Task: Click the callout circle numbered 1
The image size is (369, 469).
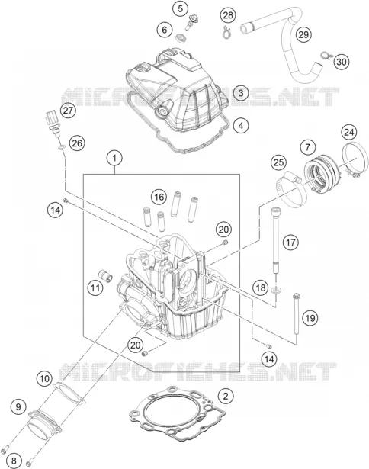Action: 114,158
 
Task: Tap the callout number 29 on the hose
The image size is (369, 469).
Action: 303,34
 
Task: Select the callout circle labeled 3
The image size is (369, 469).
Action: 241,93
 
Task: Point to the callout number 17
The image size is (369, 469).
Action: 290,242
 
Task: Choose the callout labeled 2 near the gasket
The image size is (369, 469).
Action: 226,397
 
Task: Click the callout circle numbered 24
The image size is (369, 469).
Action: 349,132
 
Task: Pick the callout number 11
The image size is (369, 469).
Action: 95,288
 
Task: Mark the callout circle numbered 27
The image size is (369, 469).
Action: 68,111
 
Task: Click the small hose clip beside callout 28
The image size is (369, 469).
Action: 226,32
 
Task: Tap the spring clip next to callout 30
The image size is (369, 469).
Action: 325,56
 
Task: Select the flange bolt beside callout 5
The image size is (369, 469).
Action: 190,22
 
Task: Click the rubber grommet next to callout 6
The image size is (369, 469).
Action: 181,38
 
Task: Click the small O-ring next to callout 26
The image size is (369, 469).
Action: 61,147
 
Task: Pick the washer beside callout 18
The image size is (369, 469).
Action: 276,289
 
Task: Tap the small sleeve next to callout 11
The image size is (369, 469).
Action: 105,275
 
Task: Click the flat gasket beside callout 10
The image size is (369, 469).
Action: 69,392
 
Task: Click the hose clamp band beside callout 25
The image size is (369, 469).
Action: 290,191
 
